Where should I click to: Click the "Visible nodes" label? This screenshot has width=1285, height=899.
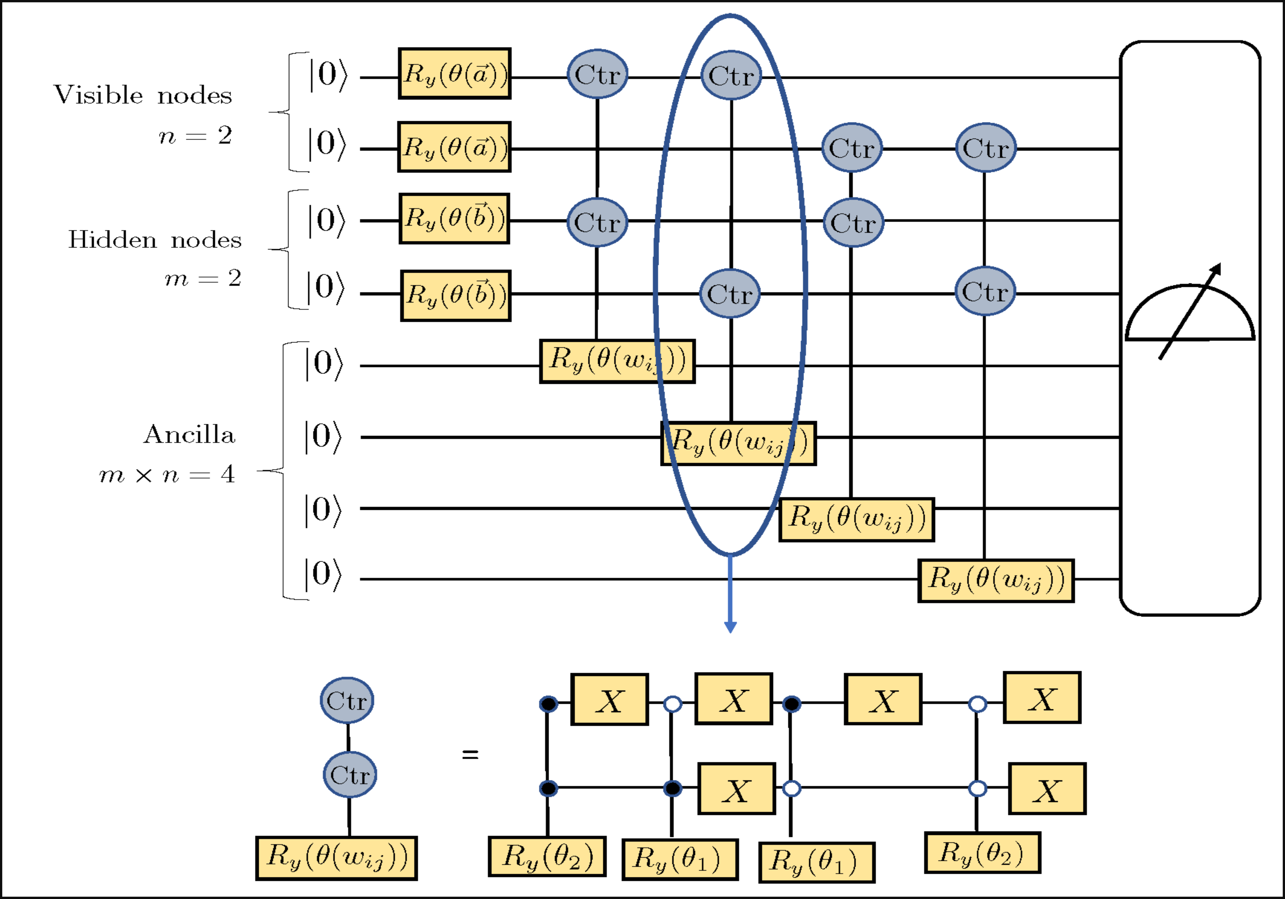(143, 95)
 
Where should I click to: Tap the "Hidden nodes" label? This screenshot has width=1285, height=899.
(155, 239)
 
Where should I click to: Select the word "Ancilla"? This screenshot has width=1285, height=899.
(189, 435)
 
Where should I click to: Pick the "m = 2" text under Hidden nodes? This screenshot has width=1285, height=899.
(203, 278)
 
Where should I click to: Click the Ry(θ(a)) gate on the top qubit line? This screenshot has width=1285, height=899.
(454, 74)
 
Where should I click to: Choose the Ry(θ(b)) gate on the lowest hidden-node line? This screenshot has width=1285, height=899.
(456, 295)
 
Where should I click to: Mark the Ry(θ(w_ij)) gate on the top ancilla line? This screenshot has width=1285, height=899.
(617, 361)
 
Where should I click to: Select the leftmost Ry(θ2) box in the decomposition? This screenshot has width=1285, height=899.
(547, 856)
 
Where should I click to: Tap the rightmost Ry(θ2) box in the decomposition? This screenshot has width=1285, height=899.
(982, 852)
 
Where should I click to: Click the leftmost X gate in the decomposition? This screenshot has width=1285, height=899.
(609, 699)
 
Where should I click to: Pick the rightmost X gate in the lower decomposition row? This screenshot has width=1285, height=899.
(1047, 789)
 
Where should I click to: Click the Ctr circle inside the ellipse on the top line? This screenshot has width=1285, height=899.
(731, 76)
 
